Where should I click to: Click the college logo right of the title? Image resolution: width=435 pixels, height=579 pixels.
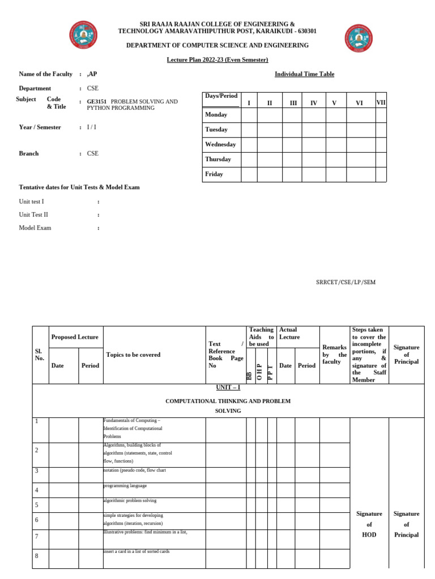point(358,38)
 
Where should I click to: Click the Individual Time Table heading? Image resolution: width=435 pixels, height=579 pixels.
point(304,74)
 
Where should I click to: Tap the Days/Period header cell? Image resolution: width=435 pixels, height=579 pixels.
point(221,96)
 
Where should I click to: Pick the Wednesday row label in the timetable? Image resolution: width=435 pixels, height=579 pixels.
point(220,144)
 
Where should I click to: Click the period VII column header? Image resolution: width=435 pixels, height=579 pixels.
point(381,102)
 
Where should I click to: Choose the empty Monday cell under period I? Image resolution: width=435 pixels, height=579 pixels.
point(249,115)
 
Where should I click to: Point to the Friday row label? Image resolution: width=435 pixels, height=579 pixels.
point(214,174)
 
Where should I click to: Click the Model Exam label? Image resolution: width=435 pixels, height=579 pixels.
point(35,228)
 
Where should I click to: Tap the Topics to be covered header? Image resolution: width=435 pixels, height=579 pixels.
point(133,355)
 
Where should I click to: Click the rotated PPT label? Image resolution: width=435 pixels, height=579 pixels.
point(271,374)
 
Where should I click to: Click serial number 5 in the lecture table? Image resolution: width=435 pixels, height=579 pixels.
point(36,505)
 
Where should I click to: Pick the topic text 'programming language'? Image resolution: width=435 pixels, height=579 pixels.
point(125,486)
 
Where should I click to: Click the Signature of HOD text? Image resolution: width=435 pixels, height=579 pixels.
point(369,524)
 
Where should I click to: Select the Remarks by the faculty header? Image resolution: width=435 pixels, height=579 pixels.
point(334,355)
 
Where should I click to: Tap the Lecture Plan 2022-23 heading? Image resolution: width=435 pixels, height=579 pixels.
point(217,60)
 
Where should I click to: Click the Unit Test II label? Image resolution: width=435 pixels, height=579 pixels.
point(33,214)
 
